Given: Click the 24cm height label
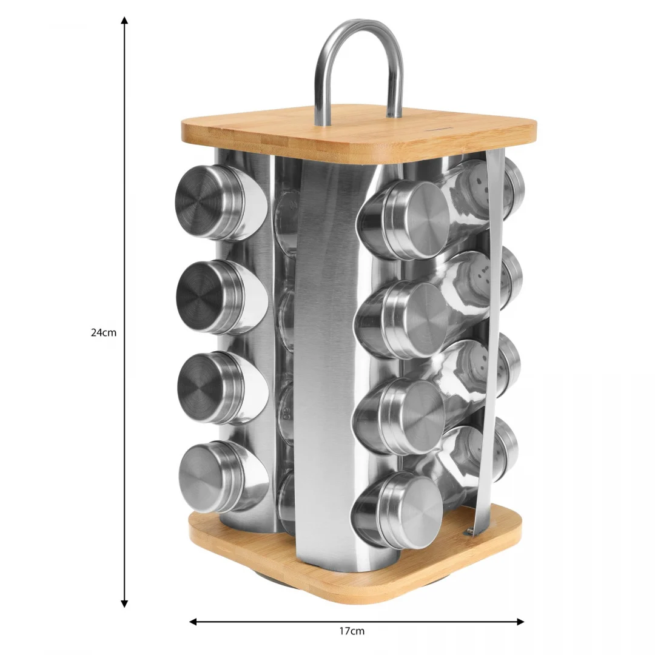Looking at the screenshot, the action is pos(104,333).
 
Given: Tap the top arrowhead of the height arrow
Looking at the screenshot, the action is pos(124,20).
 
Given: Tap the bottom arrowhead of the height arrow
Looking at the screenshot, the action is pos(124,603).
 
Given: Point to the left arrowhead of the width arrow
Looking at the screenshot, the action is pos(193,622).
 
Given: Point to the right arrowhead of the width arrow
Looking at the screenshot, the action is pos(520,622).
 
